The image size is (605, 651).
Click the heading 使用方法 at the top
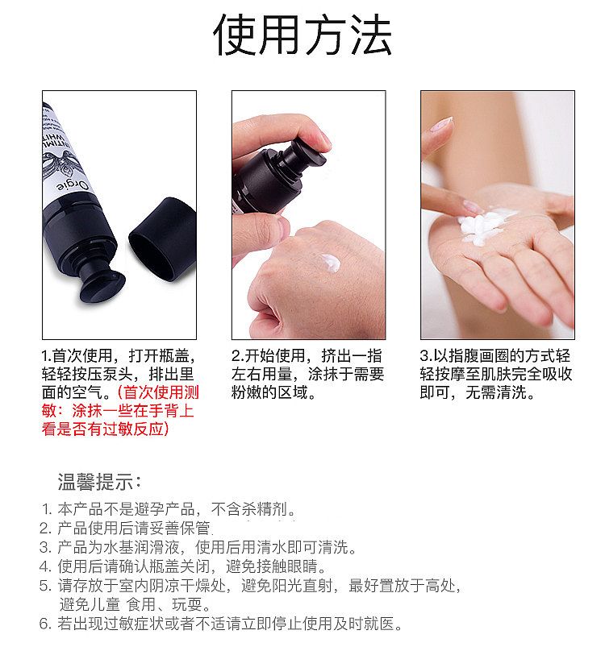coord(302,35)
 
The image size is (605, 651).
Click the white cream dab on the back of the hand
coord(330,263)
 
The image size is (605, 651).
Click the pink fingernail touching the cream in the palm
coord(472,207)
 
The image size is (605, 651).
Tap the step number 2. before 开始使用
coord(238,356)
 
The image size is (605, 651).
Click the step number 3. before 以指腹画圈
coord(426,356)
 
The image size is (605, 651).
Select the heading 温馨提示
coord(100,482)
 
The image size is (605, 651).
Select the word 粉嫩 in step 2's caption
coord(247,392)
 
